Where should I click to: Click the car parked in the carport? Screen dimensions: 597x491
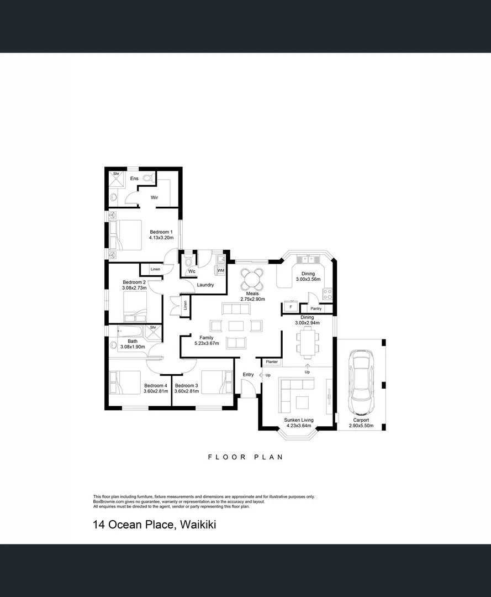point(361,383)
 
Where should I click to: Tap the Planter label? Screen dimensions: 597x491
point(272,362)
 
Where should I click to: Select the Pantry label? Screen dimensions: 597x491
point(316,308)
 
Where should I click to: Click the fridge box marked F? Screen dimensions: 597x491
point(289,307)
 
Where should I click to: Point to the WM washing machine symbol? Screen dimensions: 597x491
point(220,270)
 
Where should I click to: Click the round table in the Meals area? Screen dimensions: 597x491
point(252,277)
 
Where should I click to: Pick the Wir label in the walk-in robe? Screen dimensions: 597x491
point(155,197)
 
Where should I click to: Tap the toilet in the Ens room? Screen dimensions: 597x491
point(147,178)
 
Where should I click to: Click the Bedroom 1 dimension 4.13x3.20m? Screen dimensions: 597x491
point(161,238)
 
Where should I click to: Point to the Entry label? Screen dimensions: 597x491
point(248,375)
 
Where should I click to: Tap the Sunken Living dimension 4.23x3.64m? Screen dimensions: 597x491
point(299,426)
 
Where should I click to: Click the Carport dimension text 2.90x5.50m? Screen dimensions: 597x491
point(361,426)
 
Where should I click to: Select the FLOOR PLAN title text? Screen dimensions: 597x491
point(245,457)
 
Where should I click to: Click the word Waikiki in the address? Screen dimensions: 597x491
point(198,524)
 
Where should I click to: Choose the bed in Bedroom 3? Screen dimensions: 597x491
point(216,381)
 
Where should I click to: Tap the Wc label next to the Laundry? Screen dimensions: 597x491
point(192,271)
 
